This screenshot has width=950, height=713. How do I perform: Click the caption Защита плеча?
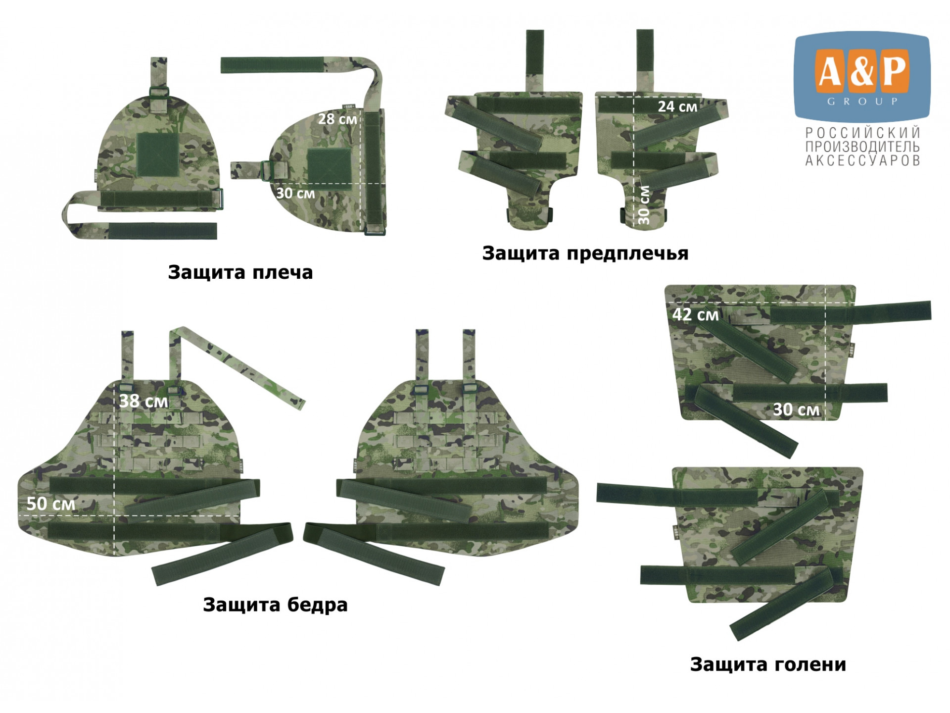coord(240,273)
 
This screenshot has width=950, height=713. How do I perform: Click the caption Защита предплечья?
coord(585,254)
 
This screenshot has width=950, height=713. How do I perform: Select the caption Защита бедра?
coord(275,605)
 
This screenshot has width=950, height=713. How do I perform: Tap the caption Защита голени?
coord(768,664)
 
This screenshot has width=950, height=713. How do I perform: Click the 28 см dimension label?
coord(337,119)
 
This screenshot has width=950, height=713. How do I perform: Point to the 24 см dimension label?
coord(677,106)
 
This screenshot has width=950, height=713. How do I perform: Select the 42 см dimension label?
coord(695,314)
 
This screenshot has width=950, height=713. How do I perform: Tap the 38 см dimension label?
coord(143,401)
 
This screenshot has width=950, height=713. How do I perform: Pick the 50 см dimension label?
coord(51,504)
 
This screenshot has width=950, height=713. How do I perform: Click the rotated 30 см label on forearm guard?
coord(644,205)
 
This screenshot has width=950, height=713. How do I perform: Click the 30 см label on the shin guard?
coord(797,409)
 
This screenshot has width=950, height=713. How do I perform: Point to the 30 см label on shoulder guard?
coord(295,193)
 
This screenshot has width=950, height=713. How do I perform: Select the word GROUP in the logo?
coord(863,102)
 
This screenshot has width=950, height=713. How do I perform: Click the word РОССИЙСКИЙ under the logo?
coord(863,133)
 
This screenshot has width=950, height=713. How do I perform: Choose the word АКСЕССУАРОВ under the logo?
coord(863,160)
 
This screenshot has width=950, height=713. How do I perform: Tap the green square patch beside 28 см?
coord(330,169)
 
